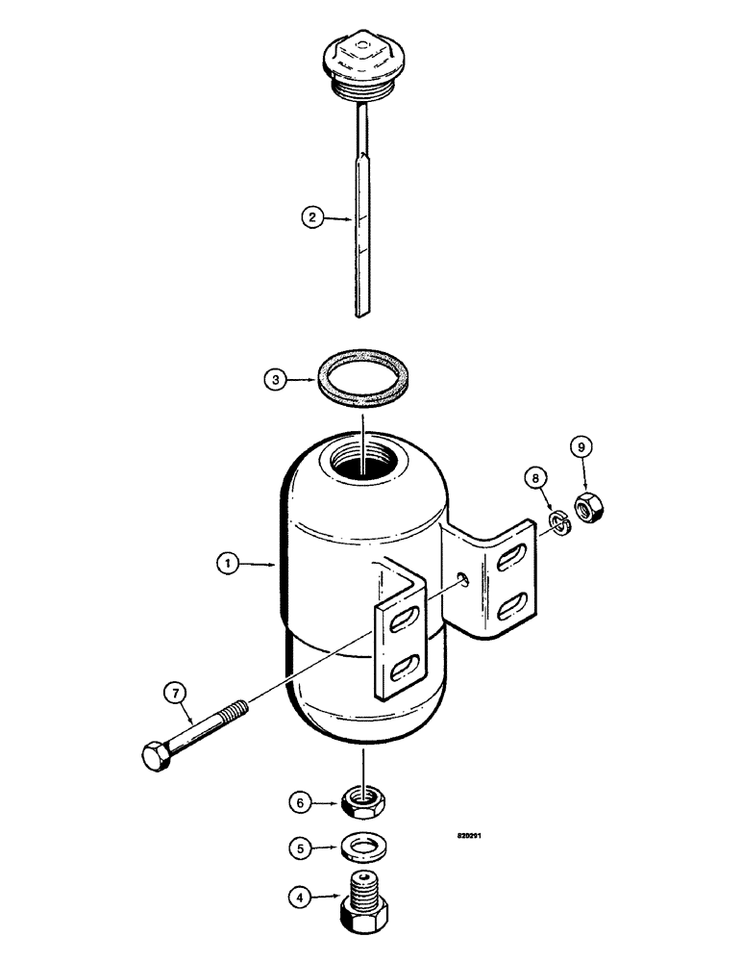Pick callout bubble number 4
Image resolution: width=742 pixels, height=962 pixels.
pos(302,901)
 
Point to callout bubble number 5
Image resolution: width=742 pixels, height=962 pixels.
pos(302,849)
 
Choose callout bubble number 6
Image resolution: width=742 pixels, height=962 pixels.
pos(302,800)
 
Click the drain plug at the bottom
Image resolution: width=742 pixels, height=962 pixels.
pos(366,899)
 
